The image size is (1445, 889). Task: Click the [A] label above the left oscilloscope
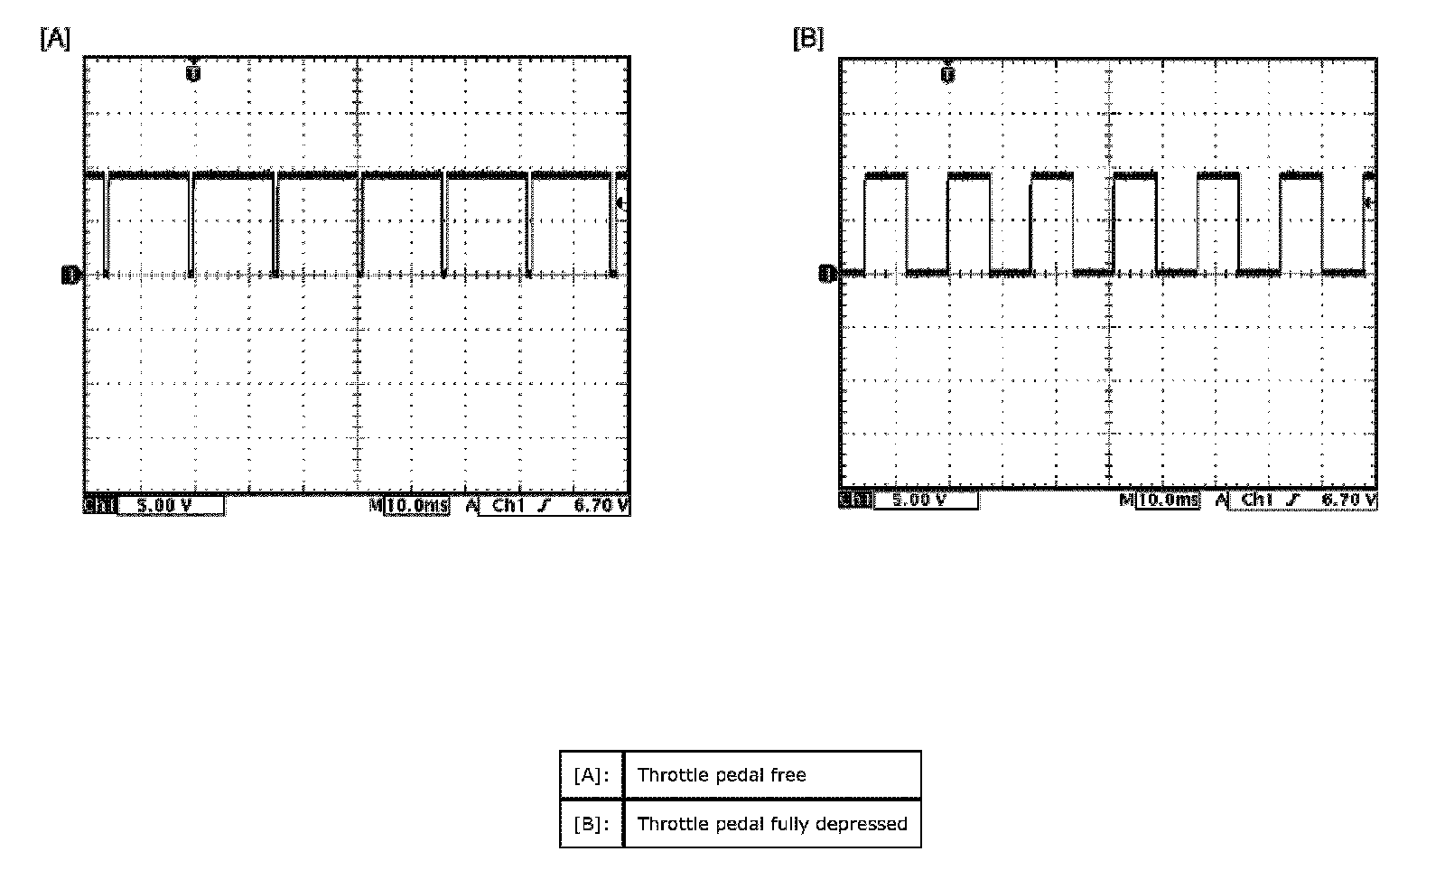click(x=54, y=39)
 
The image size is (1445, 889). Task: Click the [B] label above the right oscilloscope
click(x=807, y=39)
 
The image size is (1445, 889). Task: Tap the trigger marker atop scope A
click(x=193, y=72)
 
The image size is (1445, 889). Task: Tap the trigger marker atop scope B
click(x=947, y=74)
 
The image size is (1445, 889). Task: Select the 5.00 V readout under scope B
click(x=918, y=500)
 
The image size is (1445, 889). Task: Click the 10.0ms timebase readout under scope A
click(x=417, y=506)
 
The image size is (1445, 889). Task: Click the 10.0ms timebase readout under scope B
click(x=1170, y=500)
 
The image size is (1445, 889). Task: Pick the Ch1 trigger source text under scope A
click(x=508, y=506)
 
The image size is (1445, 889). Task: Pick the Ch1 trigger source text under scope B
click(x=1258, y=500)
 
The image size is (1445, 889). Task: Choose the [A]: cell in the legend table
click(x=592, y=775)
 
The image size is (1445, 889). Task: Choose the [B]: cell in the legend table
click(x=592, y=824)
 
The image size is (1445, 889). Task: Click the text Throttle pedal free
click(x=722, y=775)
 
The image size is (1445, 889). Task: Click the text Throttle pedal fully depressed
click(x=772, y=824)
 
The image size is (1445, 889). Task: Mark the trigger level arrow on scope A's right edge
click(x=621, y=204)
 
